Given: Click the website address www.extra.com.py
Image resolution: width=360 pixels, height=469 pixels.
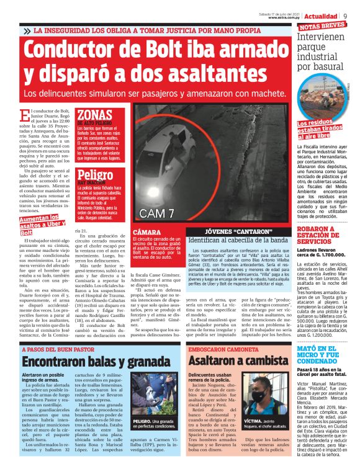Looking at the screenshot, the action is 283,18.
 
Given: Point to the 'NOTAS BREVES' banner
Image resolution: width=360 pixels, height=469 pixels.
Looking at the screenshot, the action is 322,27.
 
